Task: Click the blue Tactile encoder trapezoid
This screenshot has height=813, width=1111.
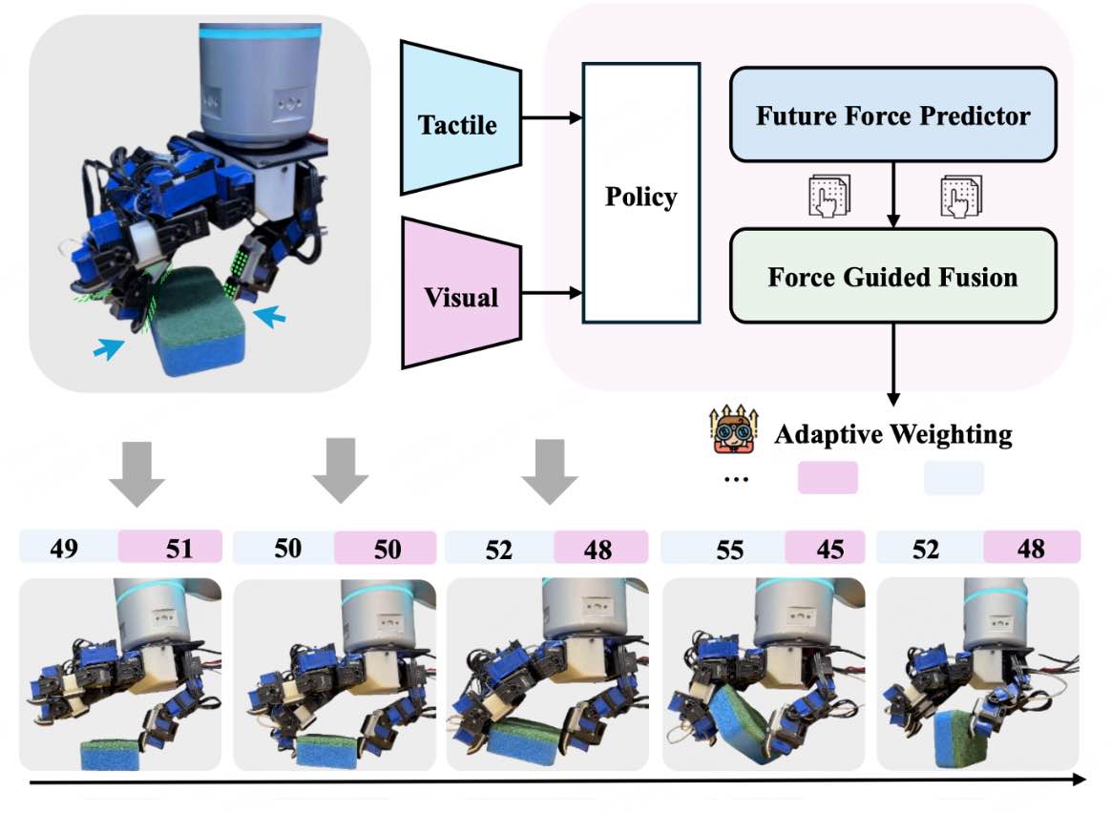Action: (x=461, y=117)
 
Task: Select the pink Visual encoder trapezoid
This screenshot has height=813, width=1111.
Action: (x=461, y=293)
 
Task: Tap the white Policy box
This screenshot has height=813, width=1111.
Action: (x=641, y=193)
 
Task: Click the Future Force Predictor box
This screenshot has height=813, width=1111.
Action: (x=892, y=115)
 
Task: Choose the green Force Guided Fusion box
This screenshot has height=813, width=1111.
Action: (x=892, y=276)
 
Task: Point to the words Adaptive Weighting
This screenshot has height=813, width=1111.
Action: (x=893, y=434)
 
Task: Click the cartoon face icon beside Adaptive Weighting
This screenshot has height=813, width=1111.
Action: (x=734, y=429)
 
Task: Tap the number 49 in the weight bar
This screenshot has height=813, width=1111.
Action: (x=64, y=548)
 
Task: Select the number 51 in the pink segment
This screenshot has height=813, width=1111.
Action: (x=179, y=548)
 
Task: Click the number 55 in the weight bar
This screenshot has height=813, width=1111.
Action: (x=730, y=550)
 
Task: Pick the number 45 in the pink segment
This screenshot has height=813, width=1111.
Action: (x=829, y=549)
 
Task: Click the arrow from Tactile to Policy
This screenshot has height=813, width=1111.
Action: (x=552, y=117)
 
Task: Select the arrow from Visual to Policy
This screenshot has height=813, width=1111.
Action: (x=552, y=293)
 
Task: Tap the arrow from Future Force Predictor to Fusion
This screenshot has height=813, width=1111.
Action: (x=893, y=195)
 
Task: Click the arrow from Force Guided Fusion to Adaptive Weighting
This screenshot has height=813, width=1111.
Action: (x=893, y=365)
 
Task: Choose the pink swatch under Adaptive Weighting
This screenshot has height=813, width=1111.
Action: (x=828, y=477)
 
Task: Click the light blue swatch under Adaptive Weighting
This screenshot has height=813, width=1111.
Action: (x=954, y=477)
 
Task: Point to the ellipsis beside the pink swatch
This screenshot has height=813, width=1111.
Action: (x=736, y=480)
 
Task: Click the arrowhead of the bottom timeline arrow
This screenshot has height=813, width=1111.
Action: (x=1080, y=779)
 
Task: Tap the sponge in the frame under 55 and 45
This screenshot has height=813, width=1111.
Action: (x=741, y=724)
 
